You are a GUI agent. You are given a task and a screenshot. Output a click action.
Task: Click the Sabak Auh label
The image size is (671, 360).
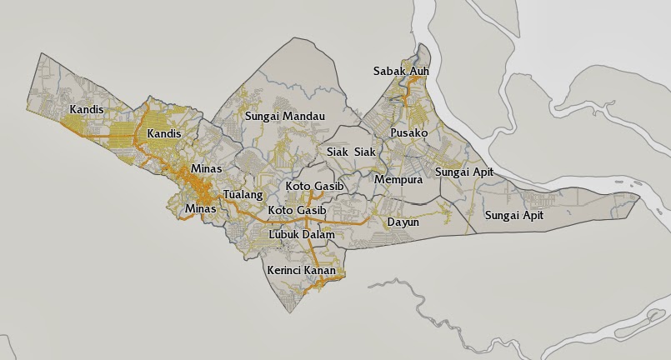point(401,72)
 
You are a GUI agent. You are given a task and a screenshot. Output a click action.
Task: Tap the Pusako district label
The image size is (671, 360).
point(408,133)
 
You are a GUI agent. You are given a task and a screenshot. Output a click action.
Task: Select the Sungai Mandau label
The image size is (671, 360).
point(284,117)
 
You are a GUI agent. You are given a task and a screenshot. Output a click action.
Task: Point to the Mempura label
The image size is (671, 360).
point(399,180)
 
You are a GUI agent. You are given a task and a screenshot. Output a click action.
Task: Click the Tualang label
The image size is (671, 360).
point(243,195)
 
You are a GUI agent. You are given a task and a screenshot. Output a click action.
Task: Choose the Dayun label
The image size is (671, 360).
point(403,222)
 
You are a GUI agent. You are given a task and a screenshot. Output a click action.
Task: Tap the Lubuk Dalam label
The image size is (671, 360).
point(301,235)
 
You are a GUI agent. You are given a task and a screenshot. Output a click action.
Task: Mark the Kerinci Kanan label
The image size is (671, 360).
point(301,271)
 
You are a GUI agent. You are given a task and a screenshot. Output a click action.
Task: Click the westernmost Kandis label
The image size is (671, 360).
point(87,110)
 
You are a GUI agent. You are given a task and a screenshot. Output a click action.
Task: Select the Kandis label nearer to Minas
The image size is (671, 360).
point(163,134)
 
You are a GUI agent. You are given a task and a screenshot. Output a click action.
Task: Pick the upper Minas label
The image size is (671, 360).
point(207,169)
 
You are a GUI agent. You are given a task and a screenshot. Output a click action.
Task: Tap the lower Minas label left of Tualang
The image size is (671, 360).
point(200,209)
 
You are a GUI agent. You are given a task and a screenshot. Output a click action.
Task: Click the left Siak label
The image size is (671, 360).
point(338,152)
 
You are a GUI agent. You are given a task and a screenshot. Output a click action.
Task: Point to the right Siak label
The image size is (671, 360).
point(365,152)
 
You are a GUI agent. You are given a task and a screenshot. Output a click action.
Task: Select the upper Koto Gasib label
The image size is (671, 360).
point(314,186)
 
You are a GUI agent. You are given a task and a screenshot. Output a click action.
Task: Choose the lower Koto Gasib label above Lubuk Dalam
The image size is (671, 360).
point(297,212)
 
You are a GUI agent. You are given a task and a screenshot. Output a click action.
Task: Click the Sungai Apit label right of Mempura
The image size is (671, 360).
point(464,172)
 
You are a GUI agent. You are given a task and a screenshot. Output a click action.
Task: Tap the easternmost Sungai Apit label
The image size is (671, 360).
point(514,216)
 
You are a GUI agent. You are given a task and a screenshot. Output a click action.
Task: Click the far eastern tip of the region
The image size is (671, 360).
point(639,197)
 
